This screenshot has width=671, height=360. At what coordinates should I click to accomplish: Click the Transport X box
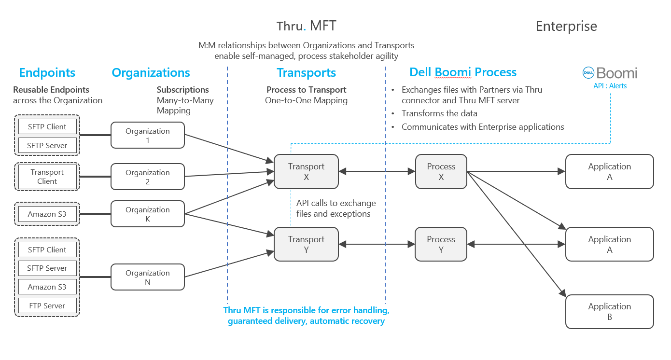[306, 172]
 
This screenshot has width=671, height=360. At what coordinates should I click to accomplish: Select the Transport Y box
[306, 245]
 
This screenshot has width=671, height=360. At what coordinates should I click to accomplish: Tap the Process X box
[441, 172]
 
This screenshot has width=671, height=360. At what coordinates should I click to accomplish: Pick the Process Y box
[441, 245]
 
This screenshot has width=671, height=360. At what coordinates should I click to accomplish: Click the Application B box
[609, 312]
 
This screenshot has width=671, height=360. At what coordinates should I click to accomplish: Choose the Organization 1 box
[147, 135]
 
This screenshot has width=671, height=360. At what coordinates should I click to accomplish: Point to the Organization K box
[147, 214]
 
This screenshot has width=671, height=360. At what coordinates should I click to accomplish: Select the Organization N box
[147, 277]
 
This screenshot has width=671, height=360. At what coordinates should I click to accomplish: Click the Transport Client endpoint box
[47, 177]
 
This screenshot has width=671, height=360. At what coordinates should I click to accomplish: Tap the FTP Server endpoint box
[47, 305]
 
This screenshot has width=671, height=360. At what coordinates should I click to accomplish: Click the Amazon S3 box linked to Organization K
[47, 214]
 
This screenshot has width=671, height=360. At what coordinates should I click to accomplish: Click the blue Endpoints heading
[47, 73]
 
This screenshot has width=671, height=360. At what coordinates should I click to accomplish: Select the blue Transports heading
[306, 73]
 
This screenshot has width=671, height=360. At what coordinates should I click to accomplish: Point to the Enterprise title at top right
[566, 26]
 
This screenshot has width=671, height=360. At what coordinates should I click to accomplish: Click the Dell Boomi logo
[609, 73]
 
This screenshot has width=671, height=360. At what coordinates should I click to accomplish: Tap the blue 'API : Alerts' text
[610, 86]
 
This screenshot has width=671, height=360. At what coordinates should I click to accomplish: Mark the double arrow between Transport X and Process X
[377, 171]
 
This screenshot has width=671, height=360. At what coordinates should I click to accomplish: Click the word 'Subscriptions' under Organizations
[182, 90]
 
